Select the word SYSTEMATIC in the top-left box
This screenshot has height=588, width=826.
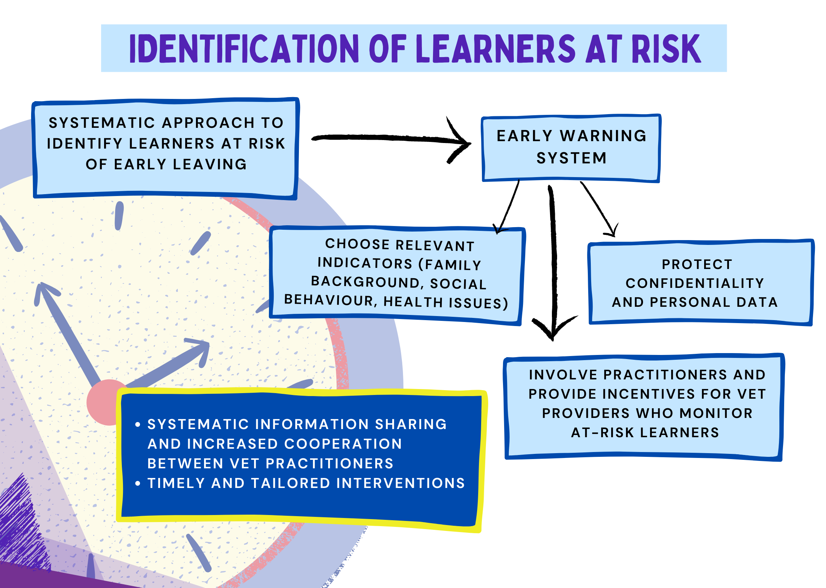pos(102,123)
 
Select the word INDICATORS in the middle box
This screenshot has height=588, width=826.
pos(365,263)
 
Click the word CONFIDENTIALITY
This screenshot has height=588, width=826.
pos(695,283)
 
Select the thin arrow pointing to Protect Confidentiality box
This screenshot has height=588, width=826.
pos(600,210)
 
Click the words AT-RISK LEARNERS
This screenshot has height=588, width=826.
pos(645,432)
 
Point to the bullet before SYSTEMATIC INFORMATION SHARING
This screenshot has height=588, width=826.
pos(138,425)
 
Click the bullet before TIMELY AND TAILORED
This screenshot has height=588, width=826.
pos(138,484)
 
